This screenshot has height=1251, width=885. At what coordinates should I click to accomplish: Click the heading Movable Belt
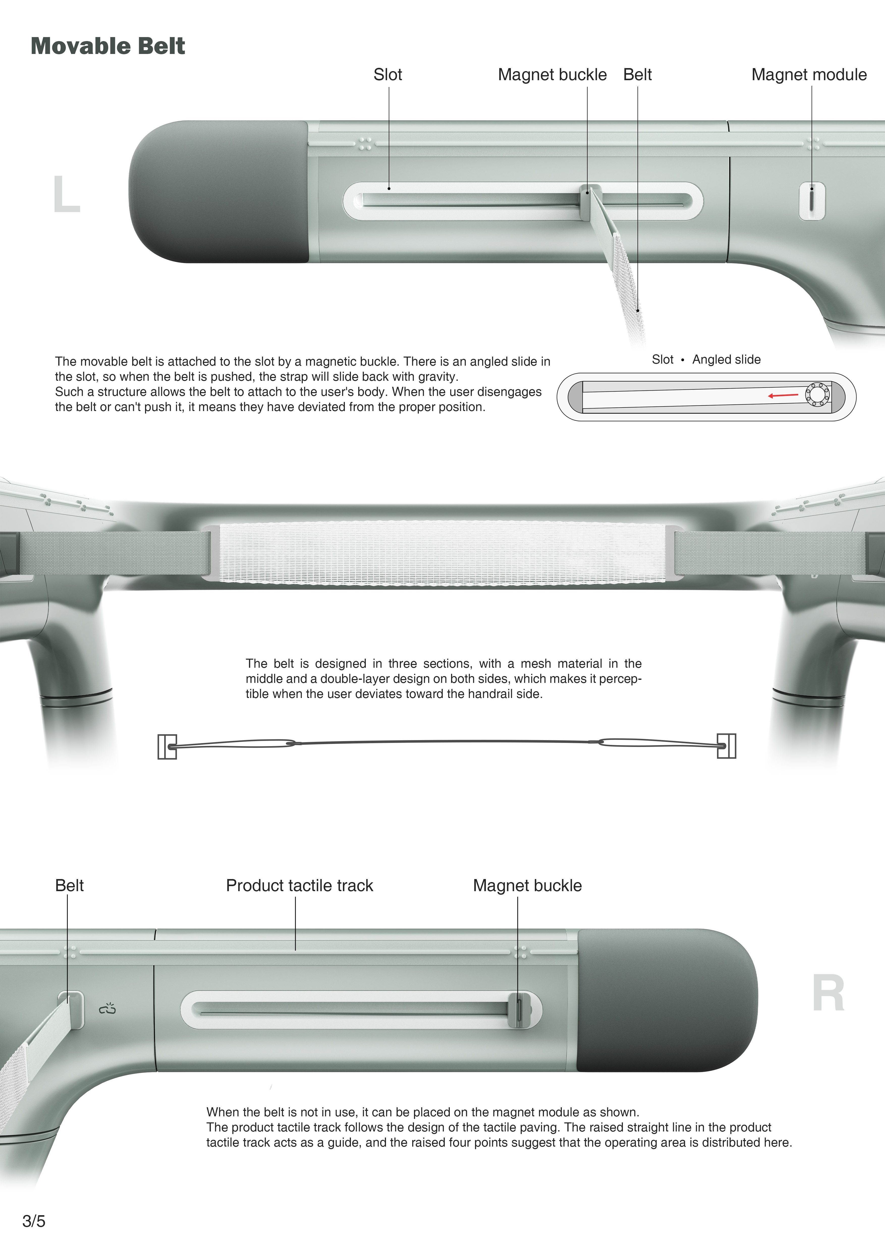pyautogui.click(x=108, y=46)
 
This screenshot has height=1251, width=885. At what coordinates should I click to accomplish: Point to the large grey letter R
pyautogui.click(x=828, y=993)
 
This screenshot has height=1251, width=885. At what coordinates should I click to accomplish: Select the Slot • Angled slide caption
pyautogui.click(x=706, y=360)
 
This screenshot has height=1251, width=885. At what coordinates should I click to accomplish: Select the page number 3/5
pyautogui.click(x=34, y=1221)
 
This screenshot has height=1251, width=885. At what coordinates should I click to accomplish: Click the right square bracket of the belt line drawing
pyautogui.click(x=726, y=746)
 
